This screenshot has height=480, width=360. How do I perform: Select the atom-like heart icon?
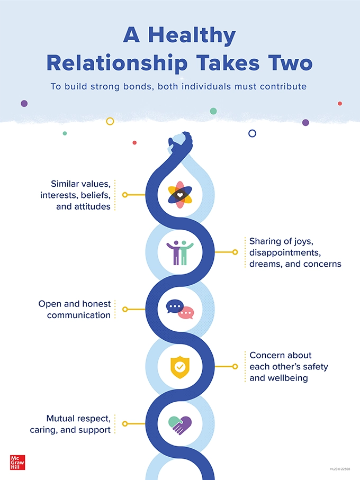click(x=179, y=195)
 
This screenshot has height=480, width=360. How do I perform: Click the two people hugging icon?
click(x=179, y=252)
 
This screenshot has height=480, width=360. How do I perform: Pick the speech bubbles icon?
click(x=180, y=310)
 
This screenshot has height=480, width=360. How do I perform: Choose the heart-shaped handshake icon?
click(x=179, y=424)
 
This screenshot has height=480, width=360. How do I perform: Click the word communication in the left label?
click(x=79, y=315)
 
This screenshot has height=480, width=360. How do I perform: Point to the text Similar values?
click(x=81, y=184)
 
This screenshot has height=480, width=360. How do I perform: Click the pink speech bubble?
click(x=186, y=313)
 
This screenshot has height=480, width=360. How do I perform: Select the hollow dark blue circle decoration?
click(x=253, y=133)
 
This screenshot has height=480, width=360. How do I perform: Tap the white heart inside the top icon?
click(x=179, y=195)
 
